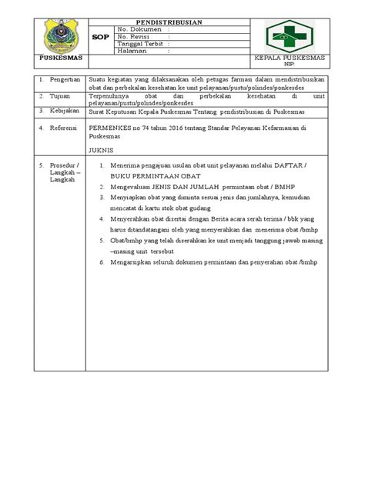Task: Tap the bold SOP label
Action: click(x=99, y=36)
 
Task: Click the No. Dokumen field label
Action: click(x=136, y=30)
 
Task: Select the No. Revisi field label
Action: click(x=134, y=37)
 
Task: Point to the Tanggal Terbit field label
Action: click(x=140, y=45)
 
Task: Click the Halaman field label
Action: click(x=132, y=52)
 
